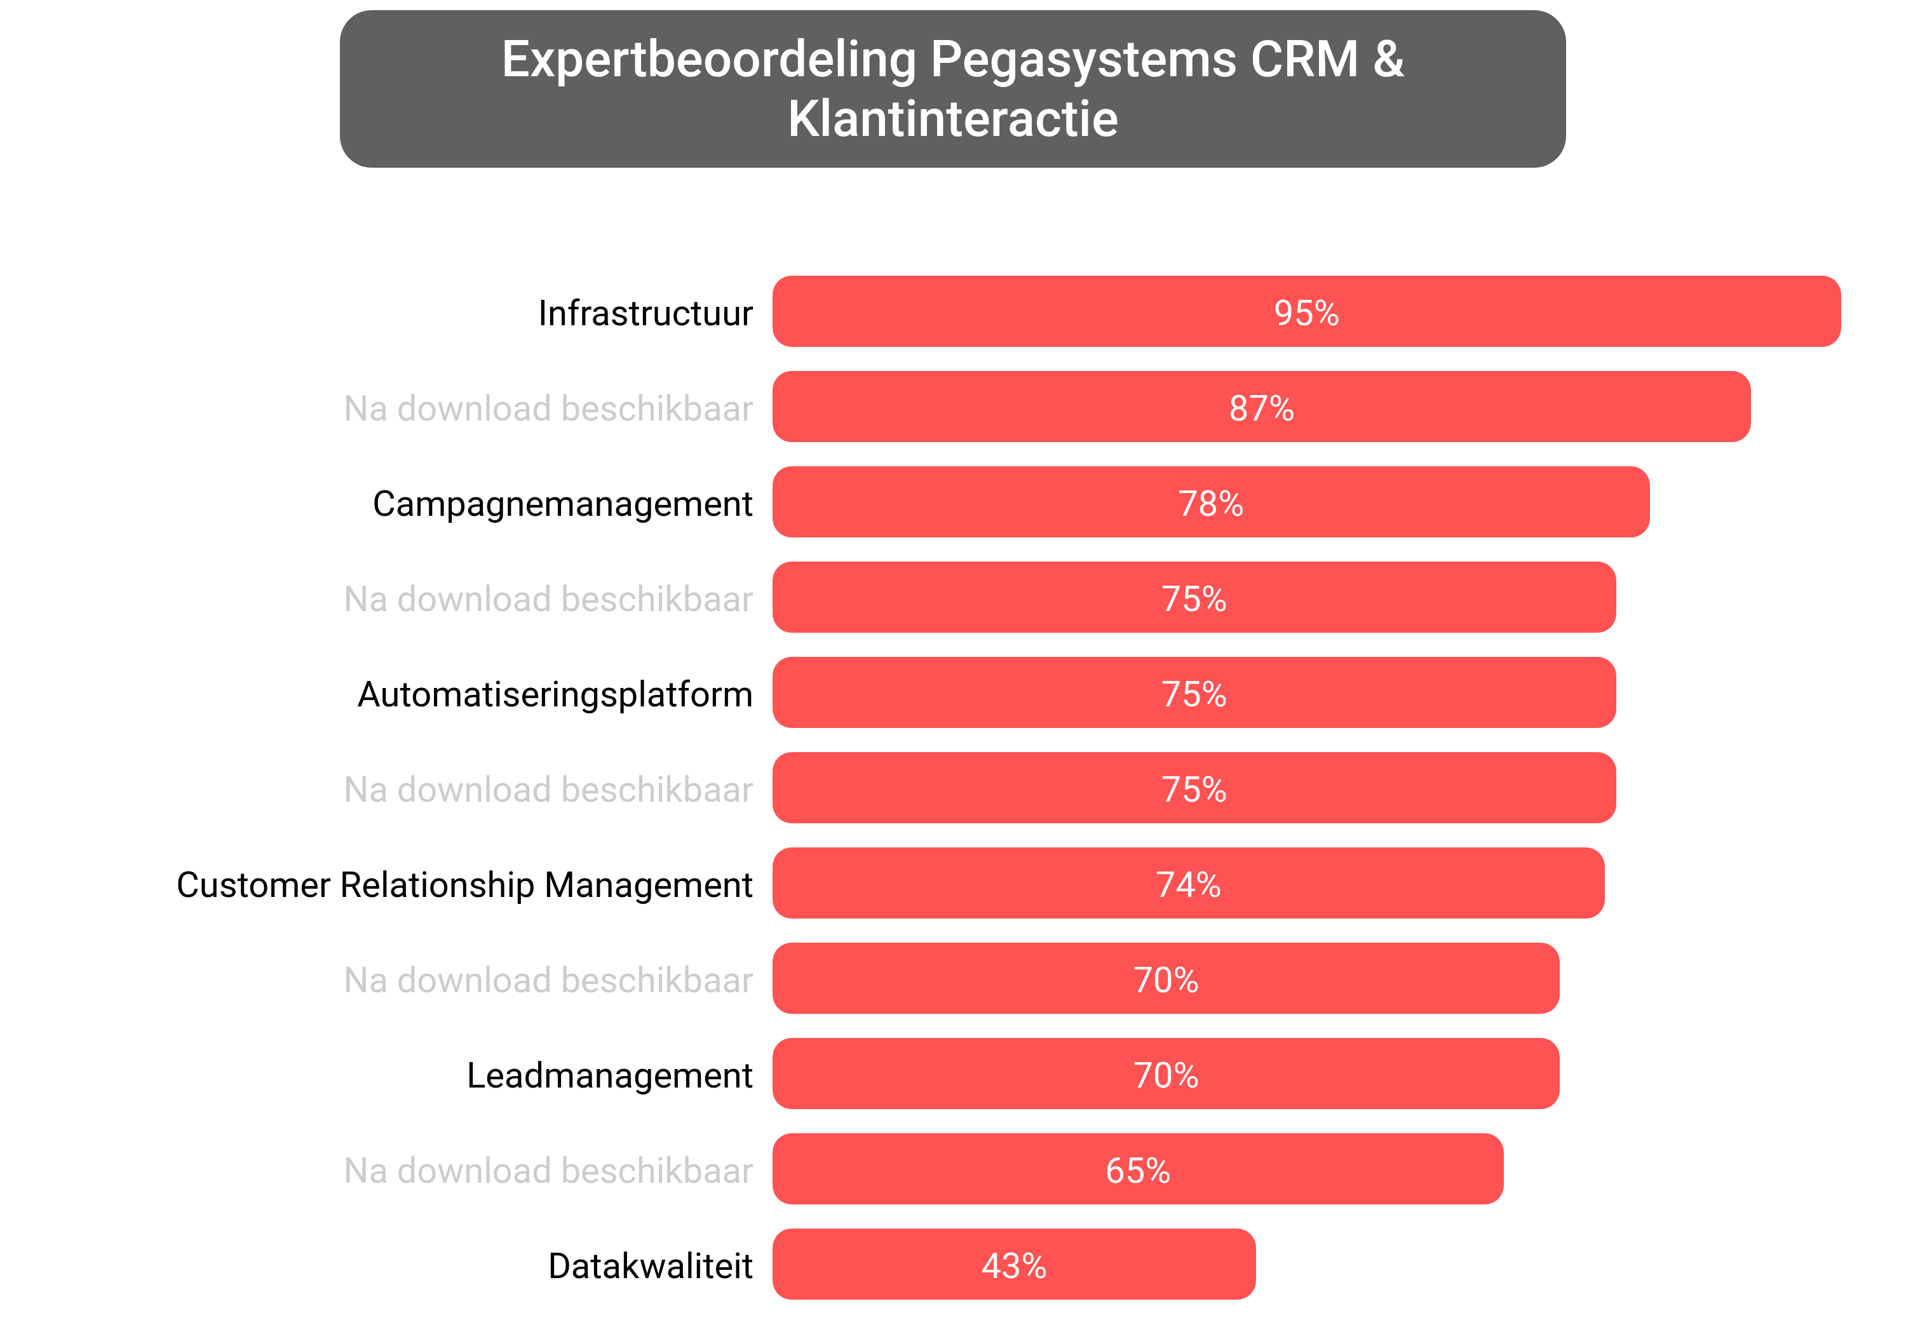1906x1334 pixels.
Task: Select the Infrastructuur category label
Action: pyautogui.click(x=645, y=313)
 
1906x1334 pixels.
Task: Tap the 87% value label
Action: pyautogui.click(x=1261, y=408)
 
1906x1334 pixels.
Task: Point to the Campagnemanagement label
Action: pyautogui.click(x=562, y=504)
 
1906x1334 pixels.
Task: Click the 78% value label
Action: pyautogui.click(x=1210, y=504)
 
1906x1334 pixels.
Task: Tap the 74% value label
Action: pyautogui.click(x=1188, y=885)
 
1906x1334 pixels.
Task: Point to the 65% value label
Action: pyautogui.click(x=1137, y=1171)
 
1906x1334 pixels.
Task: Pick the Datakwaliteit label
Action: pyautogui.click(x=650, y=1267)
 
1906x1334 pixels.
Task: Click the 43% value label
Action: pyautogui.click(x=1013, y=1266)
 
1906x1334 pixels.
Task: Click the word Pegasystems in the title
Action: pyautogui.click(x=1083, y=60)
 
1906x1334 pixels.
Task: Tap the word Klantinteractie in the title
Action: pyautogui.click(x=952, y=119)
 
